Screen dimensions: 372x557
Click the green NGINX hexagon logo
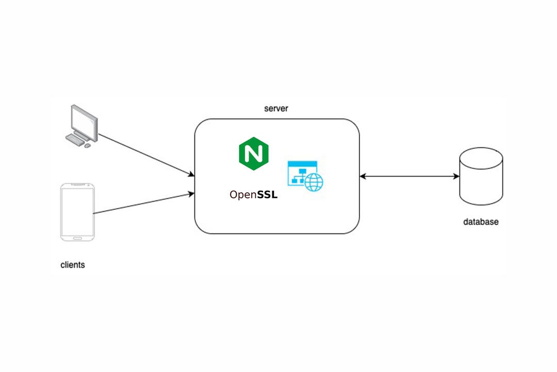pos(254,153)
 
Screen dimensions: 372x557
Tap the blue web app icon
pos(307,176)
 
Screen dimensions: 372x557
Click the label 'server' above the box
pos(276,109)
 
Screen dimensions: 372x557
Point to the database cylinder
pos(481,178)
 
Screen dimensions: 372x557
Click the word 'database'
pos(481,222)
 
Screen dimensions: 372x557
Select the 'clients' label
pos(73,265)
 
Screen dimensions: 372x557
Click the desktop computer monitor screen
pos(84,120)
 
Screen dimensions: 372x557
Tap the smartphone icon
pos(77,211)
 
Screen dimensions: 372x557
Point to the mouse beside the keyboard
pos(87,146)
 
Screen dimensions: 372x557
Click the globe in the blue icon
pos(314,182)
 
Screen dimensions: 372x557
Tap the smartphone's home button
pos(77,238)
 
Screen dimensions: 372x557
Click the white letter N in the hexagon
pos(254,153)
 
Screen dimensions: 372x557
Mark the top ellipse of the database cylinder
pos(481,156)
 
